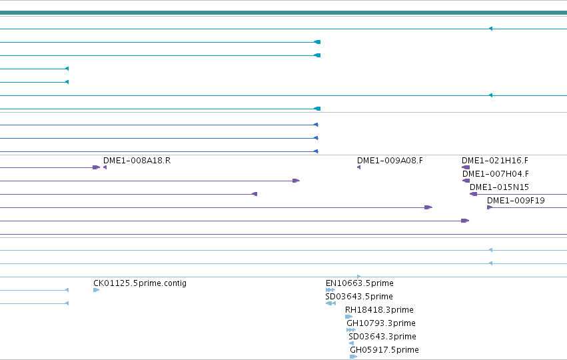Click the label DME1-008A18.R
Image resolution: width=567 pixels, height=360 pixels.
137,160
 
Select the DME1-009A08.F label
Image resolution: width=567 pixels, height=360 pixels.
390,160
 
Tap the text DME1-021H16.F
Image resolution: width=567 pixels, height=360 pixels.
494,160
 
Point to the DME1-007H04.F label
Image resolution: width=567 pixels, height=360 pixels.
496,174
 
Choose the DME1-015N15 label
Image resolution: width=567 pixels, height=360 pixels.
499,187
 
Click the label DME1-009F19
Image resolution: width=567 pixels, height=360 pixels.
516,201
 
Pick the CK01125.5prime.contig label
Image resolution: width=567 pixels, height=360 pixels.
140,283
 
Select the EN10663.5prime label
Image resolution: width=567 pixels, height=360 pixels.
359,283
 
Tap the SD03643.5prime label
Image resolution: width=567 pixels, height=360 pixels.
359,297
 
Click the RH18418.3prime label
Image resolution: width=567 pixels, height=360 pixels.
379,310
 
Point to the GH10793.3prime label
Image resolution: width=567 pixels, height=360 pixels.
381,323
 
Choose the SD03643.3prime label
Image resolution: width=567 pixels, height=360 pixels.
382,337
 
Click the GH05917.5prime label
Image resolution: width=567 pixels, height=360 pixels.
384,350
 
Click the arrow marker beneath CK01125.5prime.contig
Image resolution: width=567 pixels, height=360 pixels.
96,290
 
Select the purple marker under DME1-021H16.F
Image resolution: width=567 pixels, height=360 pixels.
466,167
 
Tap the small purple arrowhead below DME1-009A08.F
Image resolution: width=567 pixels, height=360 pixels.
358,167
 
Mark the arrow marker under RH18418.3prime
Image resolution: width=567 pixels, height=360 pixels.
349,317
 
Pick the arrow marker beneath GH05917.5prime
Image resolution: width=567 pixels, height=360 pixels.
354,357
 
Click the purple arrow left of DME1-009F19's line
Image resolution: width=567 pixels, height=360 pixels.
490,207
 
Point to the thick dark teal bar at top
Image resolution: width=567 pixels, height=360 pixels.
284,13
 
